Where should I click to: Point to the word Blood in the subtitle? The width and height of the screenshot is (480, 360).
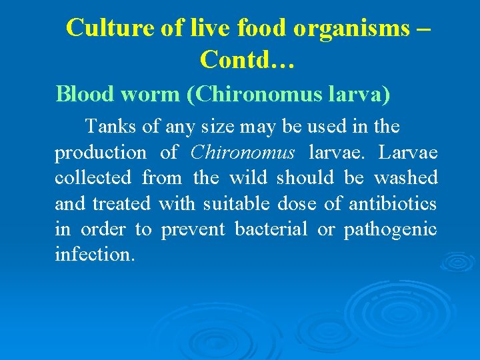pos(84,94)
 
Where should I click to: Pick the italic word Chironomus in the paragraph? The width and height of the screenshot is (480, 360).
pos(242,152)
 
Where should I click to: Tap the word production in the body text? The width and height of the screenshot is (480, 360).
pos(100,153)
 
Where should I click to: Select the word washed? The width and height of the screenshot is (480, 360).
pos(405,178)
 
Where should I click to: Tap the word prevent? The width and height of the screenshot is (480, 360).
pos(193,229)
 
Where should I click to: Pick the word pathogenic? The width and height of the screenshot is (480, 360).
pos(390,230)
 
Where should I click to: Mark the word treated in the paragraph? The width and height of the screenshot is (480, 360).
pos(121,203)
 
